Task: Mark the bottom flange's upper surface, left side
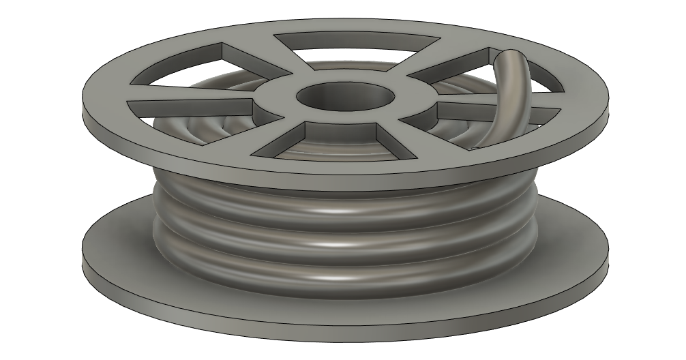[116, 245]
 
